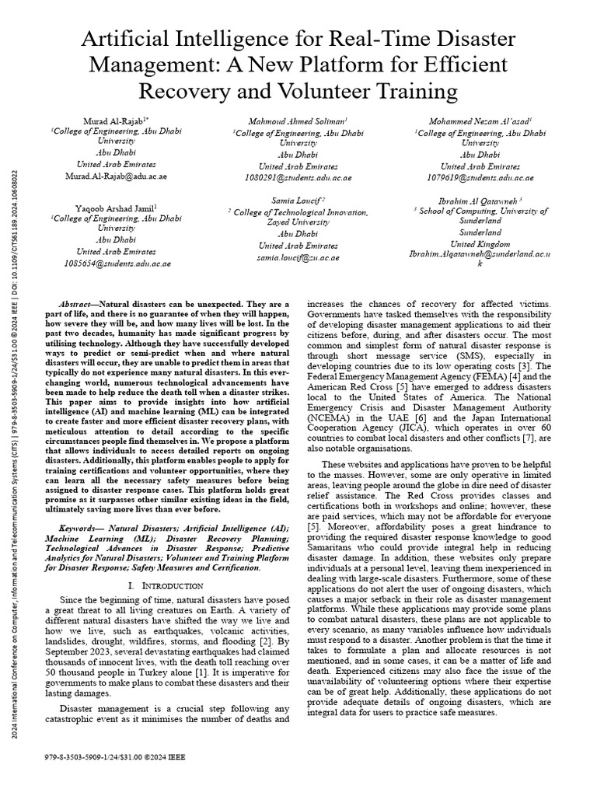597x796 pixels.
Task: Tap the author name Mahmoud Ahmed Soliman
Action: pyautogui.click(x=298, y=122)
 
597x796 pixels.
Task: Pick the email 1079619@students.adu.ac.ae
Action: pyautogui.click(x=480, y=177)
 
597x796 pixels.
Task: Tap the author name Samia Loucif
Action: pyautogui.click(x=298, y=201)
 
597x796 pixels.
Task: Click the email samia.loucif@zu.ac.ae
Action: pyautogui.click(x=298, y=257)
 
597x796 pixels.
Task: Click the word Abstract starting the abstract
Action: pyautogui.click(x=80, y=302)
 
